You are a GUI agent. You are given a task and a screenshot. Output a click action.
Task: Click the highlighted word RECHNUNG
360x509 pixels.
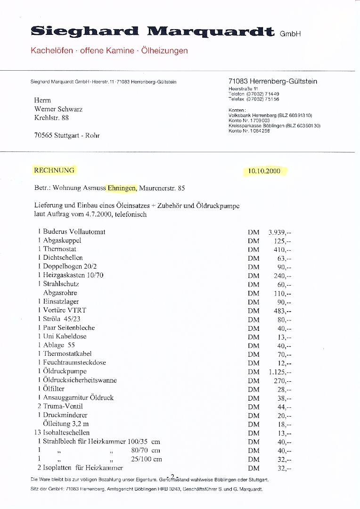(x=54, y=170)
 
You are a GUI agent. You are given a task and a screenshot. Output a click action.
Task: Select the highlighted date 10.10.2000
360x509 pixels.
(x=264, y=171)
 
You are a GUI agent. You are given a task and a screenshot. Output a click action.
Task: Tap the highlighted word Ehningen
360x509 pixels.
(x=122, y=188)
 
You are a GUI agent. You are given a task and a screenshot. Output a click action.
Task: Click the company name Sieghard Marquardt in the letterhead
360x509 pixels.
(x=152, y=32)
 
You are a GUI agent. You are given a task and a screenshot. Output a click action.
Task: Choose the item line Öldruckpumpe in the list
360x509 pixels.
(x=65, y=371)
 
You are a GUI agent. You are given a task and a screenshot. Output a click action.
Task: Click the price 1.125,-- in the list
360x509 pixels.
(x=280, y=372)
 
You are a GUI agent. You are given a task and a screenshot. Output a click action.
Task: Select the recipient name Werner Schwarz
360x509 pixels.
(x=58, y=109)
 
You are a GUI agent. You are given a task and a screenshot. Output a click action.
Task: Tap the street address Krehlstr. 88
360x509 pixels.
(x=52, y=118)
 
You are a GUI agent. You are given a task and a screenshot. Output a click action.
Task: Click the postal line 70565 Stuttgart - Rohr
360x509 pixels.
(x=67, y=135)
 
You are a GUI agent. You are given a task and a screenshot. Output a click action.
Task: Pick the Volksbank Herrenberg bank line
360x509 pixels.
(x=270, y=115)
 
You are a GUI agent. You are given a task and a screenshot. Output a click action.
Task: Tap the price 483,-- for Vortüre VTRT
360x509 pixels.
(x=283, y=311)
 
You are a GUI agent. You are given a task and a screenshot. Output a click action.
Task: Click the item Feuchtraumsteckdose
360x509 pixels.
(x=74, y=362)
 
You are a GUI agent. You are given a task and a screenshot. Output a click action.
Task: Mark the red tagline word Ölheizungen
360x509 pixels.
(x=165, y=50)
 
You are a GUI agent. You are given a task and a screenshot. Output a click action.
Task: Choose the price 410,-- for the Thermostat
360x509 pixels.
(x=283, y=249)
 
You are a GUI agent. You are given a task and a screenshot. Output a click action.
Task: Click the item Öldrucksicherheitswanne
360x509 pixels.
(x=80, y=380)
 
